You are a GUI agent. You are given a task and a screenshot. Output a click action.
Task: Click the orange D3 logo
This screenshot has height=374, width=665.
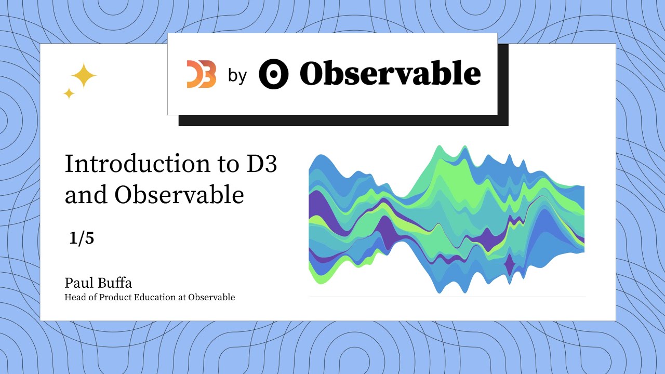pos(202,74)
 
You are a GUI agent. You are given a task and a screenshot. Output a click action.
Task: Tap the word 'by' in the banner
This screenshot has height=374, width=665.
pos(237,76)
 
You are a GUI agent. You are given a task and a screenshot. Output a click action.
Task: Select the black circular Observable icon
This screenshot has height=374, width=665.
pos(273,74)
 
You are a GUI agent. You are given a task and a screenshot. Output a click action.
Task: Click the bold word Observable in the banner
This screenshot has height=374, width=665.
pos(390,74)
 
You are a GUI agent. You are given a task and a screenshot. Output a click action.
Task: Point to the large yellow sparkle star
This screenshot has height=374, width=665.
pos(84,76)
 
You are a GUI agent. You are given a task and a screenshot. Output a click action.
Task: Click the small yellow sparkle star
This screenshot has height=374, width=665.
pos(69,94)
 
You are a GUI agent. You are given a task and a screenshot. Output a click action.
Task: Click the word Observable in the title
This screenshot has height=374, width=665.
pos(179,195)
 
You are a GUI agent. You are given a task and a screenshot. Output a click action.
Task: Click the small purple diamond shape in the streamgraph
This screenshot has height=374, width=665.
pos(509,265)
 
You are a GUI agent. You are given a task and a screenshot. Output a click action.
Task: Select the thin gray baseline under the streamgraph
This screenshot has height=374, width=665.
pos(447,296)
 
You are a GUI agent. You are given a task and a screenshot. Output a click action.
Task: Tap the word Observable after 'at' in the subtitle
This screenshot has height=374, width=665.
pos(211,298)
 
